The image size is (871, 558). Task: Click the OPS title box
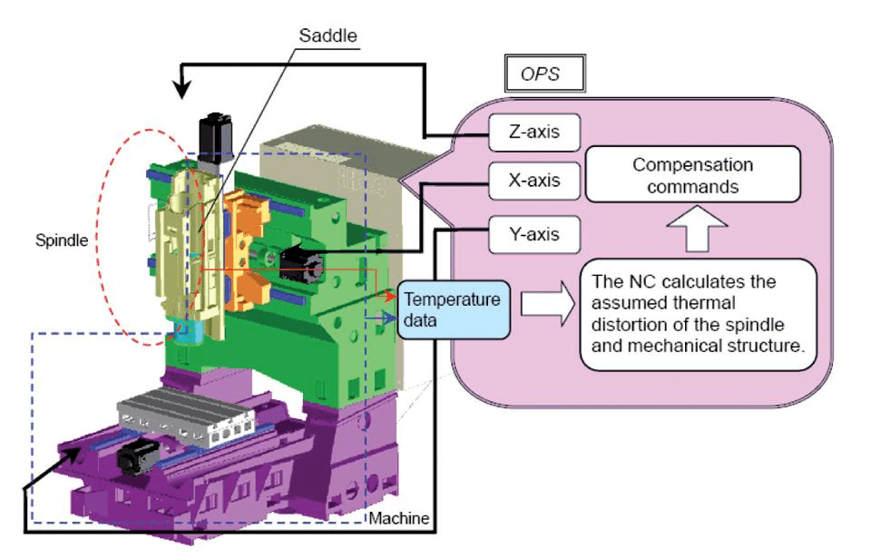(545, 73)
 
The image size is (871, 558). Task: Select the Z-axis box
(534, 132)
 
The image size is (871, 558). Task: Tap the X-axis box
(534, 181)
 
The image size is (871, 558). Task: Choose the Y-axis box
(534, 234)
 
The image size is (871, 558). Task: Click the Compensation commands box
(692, 174)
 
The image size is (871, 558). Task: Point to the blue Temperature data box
(454, 309)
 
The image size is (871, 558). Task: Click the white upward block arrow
(697, 229)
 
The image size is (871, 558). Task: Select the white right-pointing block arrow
(548, 303)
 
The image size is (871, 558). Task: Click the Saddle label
(328, 35)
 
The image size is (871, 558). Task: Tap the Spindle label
(62, 240)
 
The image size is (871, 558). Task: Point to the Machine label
(399, 518)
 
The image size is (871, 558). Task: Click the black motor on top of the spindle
(214, 138)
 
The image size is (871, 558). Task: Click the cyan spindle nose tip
(184, 332)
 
